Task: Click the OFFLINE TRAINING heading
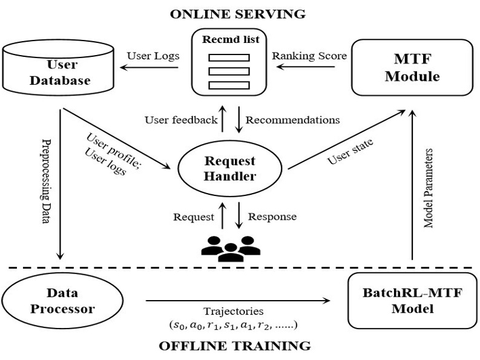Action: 234,346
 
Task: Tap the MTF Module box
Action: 412,67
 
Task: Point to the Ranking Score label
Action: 309,56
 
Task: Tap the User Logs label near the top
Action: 153,56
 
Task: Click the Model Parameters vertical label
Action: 429,187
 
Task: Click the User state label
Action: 350,151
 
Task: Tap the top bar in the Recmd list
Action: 229,58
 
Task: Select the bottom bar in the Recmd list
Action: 229,85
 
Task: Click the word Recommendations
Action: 292,119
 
